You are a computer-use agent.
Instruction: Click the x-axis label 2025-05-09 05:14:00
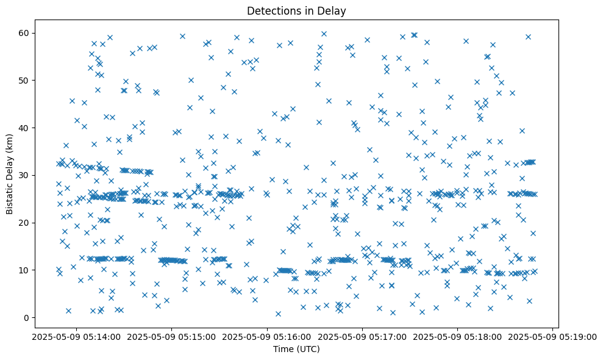pyautogui.click(x=76, y=336)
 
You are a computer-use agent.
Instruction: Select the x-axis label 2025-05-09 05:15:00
pyautogui.click(x=172, y=336)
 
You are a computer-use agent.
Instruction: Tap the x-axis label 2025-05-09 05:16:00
pyautogui.click(x=267, y=336)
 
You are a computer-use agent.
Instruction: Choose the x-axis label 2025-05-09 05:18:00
pyautogui.click(x=458, y=336)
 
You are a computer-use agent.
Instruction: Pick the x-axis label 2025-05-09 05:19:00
pyautogui.click(x=553, y=336)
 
